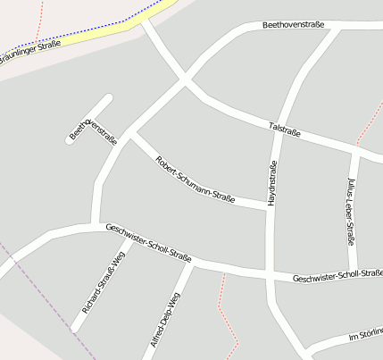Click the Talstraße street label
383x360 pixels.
pos(284,130)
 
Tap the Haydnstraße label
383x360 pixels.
pos(272,183)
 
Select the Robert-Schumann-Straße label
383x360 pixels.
pos(195,180)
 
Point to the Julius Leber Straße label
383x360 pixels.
pos(351,211)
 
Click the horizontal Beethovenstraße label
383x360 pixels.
pos(293,27)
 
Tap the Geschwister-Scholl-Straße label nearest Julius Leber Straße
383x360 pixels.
pos(337,276)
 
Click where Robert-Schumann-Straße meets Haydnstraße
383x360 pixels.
pos(267,208)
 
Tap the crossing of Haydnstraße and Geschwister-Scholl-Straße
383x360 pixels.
pos(269,272)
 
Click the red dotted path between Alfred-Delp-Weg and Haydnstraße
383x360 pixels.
pos(225,313)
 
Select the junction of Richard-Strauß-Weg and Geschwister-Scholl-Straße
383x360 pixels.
pos(117,232)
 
